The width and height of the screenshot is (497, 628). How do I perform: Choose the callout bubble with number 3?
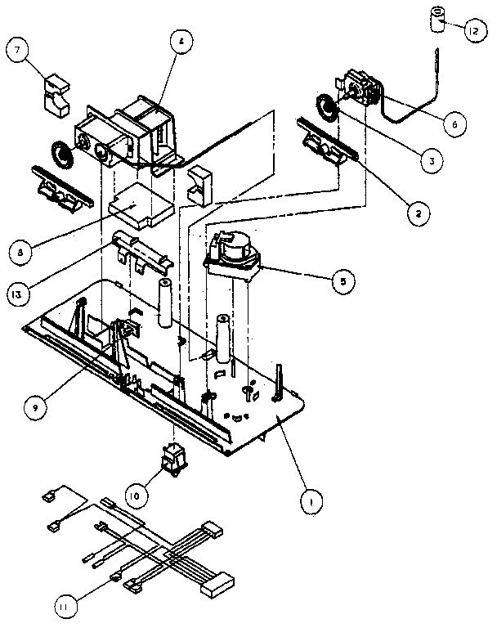(426, 161)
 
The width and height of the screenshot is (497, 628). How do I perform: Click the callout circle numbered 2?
(417, 212)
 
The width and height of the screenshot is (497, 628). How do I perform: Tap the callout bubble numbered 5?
(342, 280)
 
